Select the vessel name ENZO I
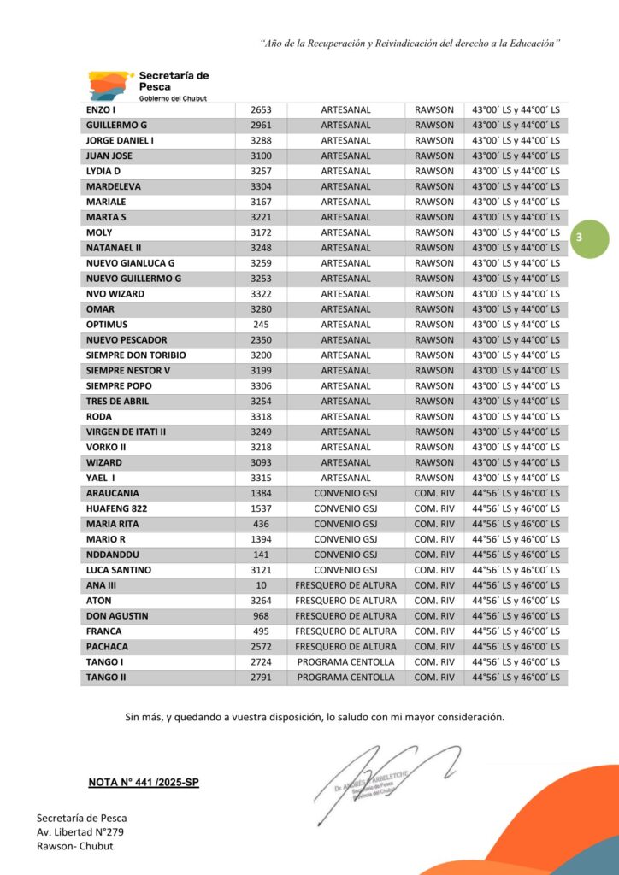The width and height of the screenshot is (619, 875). pyautogui.click(x=100, y=110)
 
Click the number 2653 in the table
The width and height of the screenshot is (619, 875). pyautogui.click(x=261, y=110)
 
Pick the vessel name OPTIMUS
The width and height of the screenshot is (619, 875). pyautogui.click(x=107, y=325)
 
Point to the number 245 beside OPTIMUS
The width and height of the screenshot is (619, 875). pyautogui.click(x=261, y=325)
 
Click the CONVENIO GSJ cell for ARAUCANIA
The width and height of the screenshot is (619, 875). pyautogui.click(x=345, y=493)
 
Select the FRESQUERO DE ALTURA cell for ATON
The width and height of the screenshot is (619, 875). pyautogui.click(x=345, y=601)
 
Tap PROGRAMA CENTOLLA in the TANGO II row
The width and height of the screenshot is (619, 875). pyautogui.click(x=345, y=678)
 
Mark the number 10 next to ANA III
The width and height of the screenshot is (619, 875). pyautogui.click(x=261, y=585)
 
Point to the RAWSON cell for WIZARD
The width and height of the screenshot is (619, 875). pyautogui.click(x=434, y=462)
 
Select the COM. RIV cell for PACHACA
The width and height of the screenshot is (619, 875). pyautogui.click(x=434, y=647)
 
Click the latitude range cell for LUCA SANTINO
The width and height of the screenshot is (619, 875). pyautogui.click(x=516, y=570)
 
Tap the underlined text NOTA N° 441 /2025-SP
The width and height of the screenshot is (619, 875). pyautogui.click(x=144, y=782)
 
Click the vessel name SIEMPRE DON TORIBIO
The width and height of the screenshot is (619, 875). pyautogui.click(x=136, y=355)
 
